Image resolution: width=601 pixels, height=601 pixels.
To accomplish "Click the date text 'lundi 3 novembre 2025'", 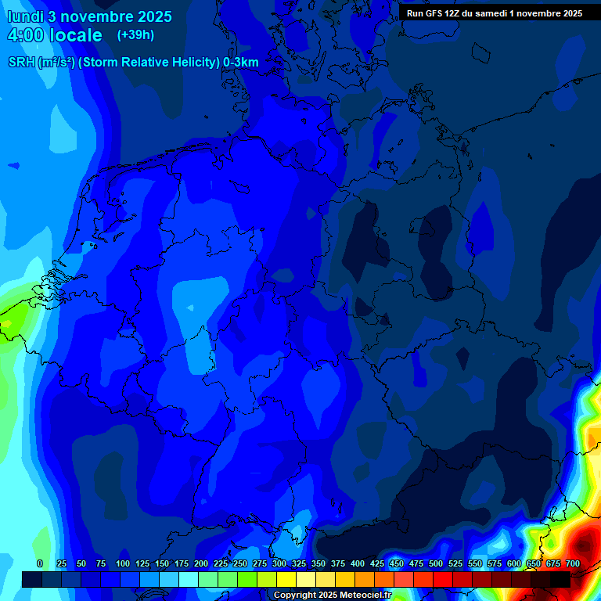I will (x=86, y=16).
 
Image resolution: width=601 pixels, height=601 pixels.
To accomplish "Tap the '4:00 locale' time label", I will (x=55, y=35).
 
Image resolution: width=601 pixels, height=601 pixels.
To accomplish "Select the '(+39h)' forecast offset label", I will (x=135, y=35).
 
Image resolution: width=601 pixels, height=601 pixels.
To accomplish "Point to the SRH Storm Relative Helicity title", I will (x=133, y=63).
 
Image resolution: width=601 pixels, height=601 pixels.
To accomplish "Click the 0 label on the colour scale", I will (x=40, y=564).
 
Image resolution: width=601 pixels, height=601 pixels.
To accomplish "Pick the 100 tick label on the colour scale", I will (x=123, y=564).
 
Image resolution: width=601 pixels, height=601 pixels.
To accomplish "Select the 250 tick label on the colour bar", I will (x=240, y=564).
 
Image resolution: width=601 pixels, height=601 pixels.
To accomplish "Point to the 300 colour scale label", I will (x=279, y=564).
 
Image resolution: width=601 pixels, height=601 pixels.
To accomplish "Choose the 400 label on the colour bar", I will (x=358, y=564).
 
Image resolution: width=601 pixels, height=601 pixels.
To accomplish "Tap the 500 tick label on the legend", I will (x=436, y=564).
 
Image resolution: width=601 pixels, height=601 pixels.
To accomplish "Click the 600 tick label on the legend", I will (x=514, y=564).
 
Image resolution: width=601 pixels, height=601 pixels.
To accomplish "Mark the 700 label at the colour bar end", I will (x=573, y=564).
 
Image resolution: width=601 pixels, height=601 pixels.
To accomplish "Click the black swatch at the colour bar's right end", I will (x=560, y=579).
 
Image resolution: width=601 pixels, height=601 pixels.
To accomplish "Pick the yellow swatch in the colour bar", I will (x=286, y=579).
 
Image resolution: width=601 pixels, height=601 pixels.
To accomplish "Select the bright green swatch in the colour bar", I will (x=247, y=579).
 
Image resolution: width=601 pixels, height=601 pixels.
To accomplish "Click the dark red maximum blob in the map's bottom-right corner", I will (x=583, y=544).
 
